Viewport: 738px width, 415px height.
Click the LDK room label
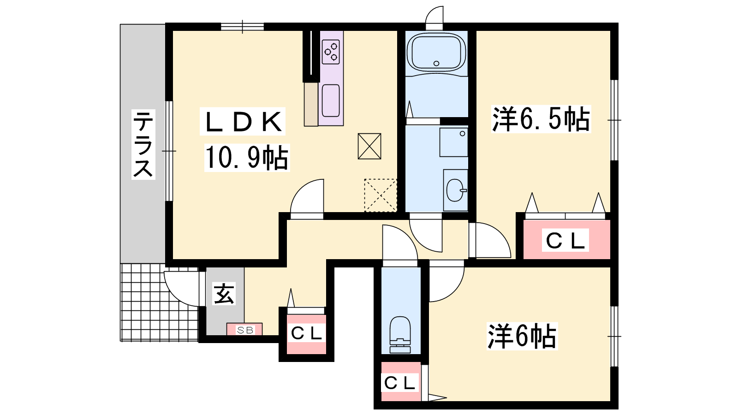tap(243, 122)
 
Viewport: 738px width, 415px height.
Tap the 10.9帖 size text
tap(247, 158)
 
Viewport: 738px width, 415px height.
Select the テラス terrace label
tap(143, 144)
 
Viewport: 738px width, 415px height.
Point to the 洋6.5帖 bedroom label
tap(541, 119)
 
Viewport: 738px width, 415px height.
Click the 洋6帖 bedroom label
tap(522, 336)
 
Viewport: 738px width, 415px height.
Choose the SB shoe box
tap(244, 329)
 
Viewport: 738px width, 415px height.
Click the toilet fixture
tap(400, 335)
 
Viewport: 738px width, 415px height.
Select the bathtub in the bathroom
tap(436, 53)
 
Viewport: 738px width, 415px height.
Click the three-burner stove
tap(331, 52)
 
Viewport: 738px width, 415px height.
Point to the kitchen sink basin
tap(331, 101)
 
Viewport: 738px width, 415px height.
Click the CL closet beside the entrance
tap(306, 334)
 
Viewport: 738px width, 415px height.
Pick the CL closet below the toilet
tap(401, 382)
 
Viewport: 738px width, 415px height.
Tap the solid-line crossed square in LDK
tap(369, 146)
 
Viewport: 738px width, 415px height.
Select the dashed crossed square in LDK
tap(380, 196)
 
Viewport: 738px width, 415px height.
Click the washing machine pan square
tap(453, 142)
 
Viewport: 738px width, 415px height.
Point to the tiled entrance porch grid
tap(160, 302)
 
